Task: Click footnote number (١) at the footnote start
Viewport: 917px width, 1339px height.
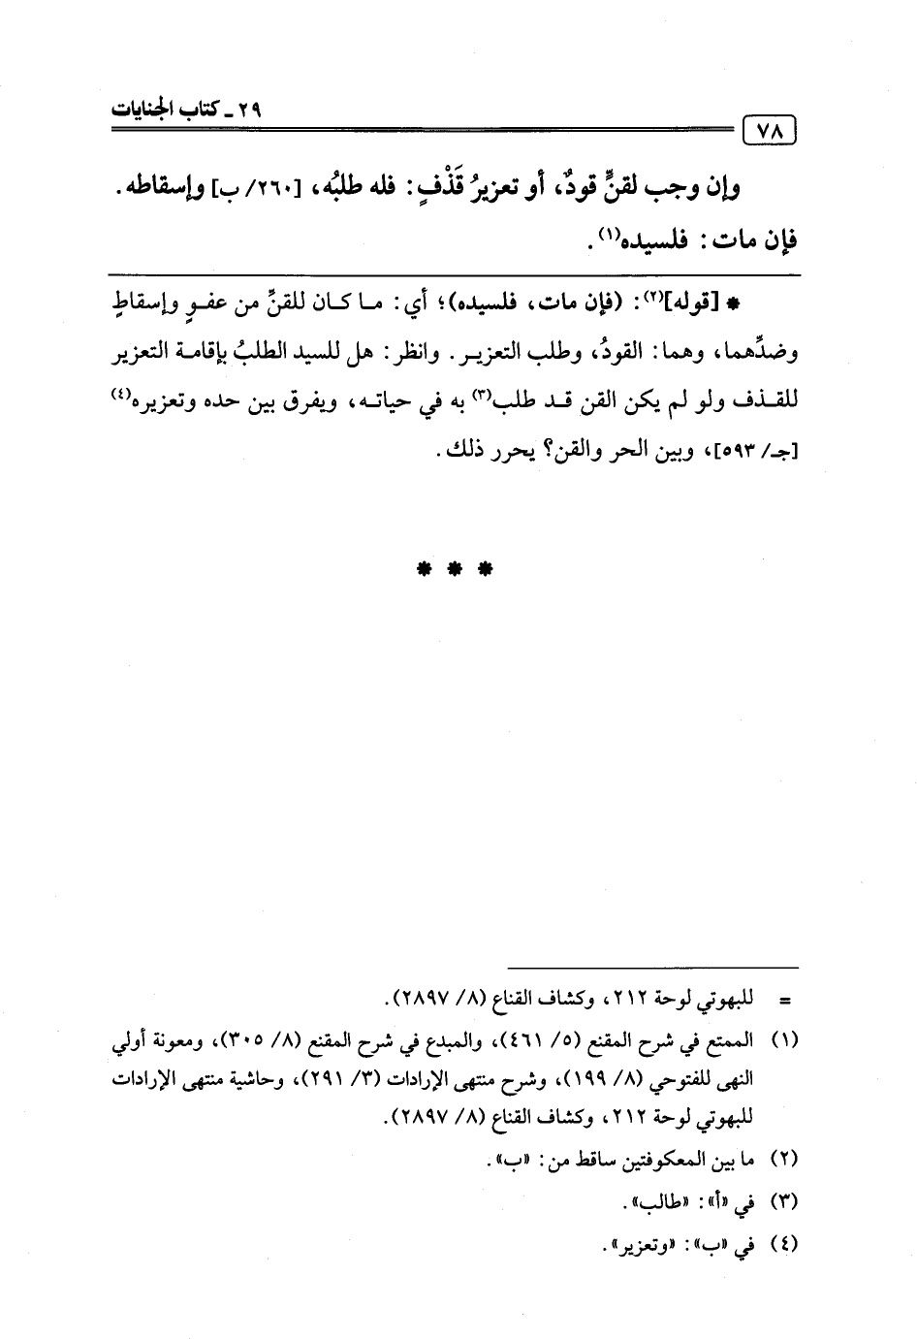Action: (783, 1041)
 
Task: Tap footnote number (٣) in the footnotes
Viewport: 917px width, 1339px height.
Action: (783, 1202)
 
